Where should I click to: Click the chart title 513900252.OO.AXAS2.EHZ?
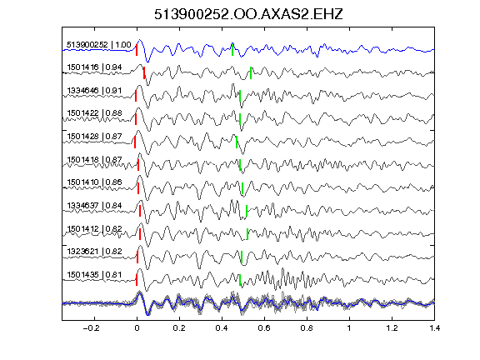coord(248,14)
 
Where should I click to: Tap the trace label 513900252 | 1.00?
coord(99,45)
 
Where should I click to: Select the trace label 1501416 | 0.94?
coord(94,67)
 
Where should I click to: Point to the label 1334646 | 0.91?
coord(94,91)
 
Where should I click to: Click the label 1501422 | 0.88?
coord(94,113)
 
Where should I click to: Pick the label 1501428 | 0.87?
coord(94,136)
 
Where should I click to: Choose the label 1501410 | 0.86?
coord(94,182)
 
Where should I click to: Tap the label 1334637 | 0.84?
coord(94,205)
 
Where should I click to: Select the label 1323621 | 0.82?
coord(94,252)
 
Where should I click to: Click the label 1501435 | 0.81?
coord(94,275)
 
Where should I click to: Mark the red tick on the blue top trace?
coord(137,50)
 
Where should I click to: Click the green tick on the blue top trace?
coord(232,50)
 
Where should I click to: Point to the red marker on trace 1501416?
coord(144,72)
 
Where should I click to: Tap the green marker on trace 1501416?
coord(251,72)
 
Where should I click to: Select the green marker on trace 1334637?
coord(247,211)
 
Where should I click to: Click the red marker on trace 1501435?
coord(137,280)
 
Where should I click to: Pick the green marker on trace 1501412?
coord(247,234)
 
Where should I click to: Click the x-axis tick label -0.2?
coord(91,328)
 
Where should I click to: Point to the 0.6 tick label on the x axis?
coord(264,328)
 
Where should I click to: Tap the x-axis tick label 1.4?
coord(434,328)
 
